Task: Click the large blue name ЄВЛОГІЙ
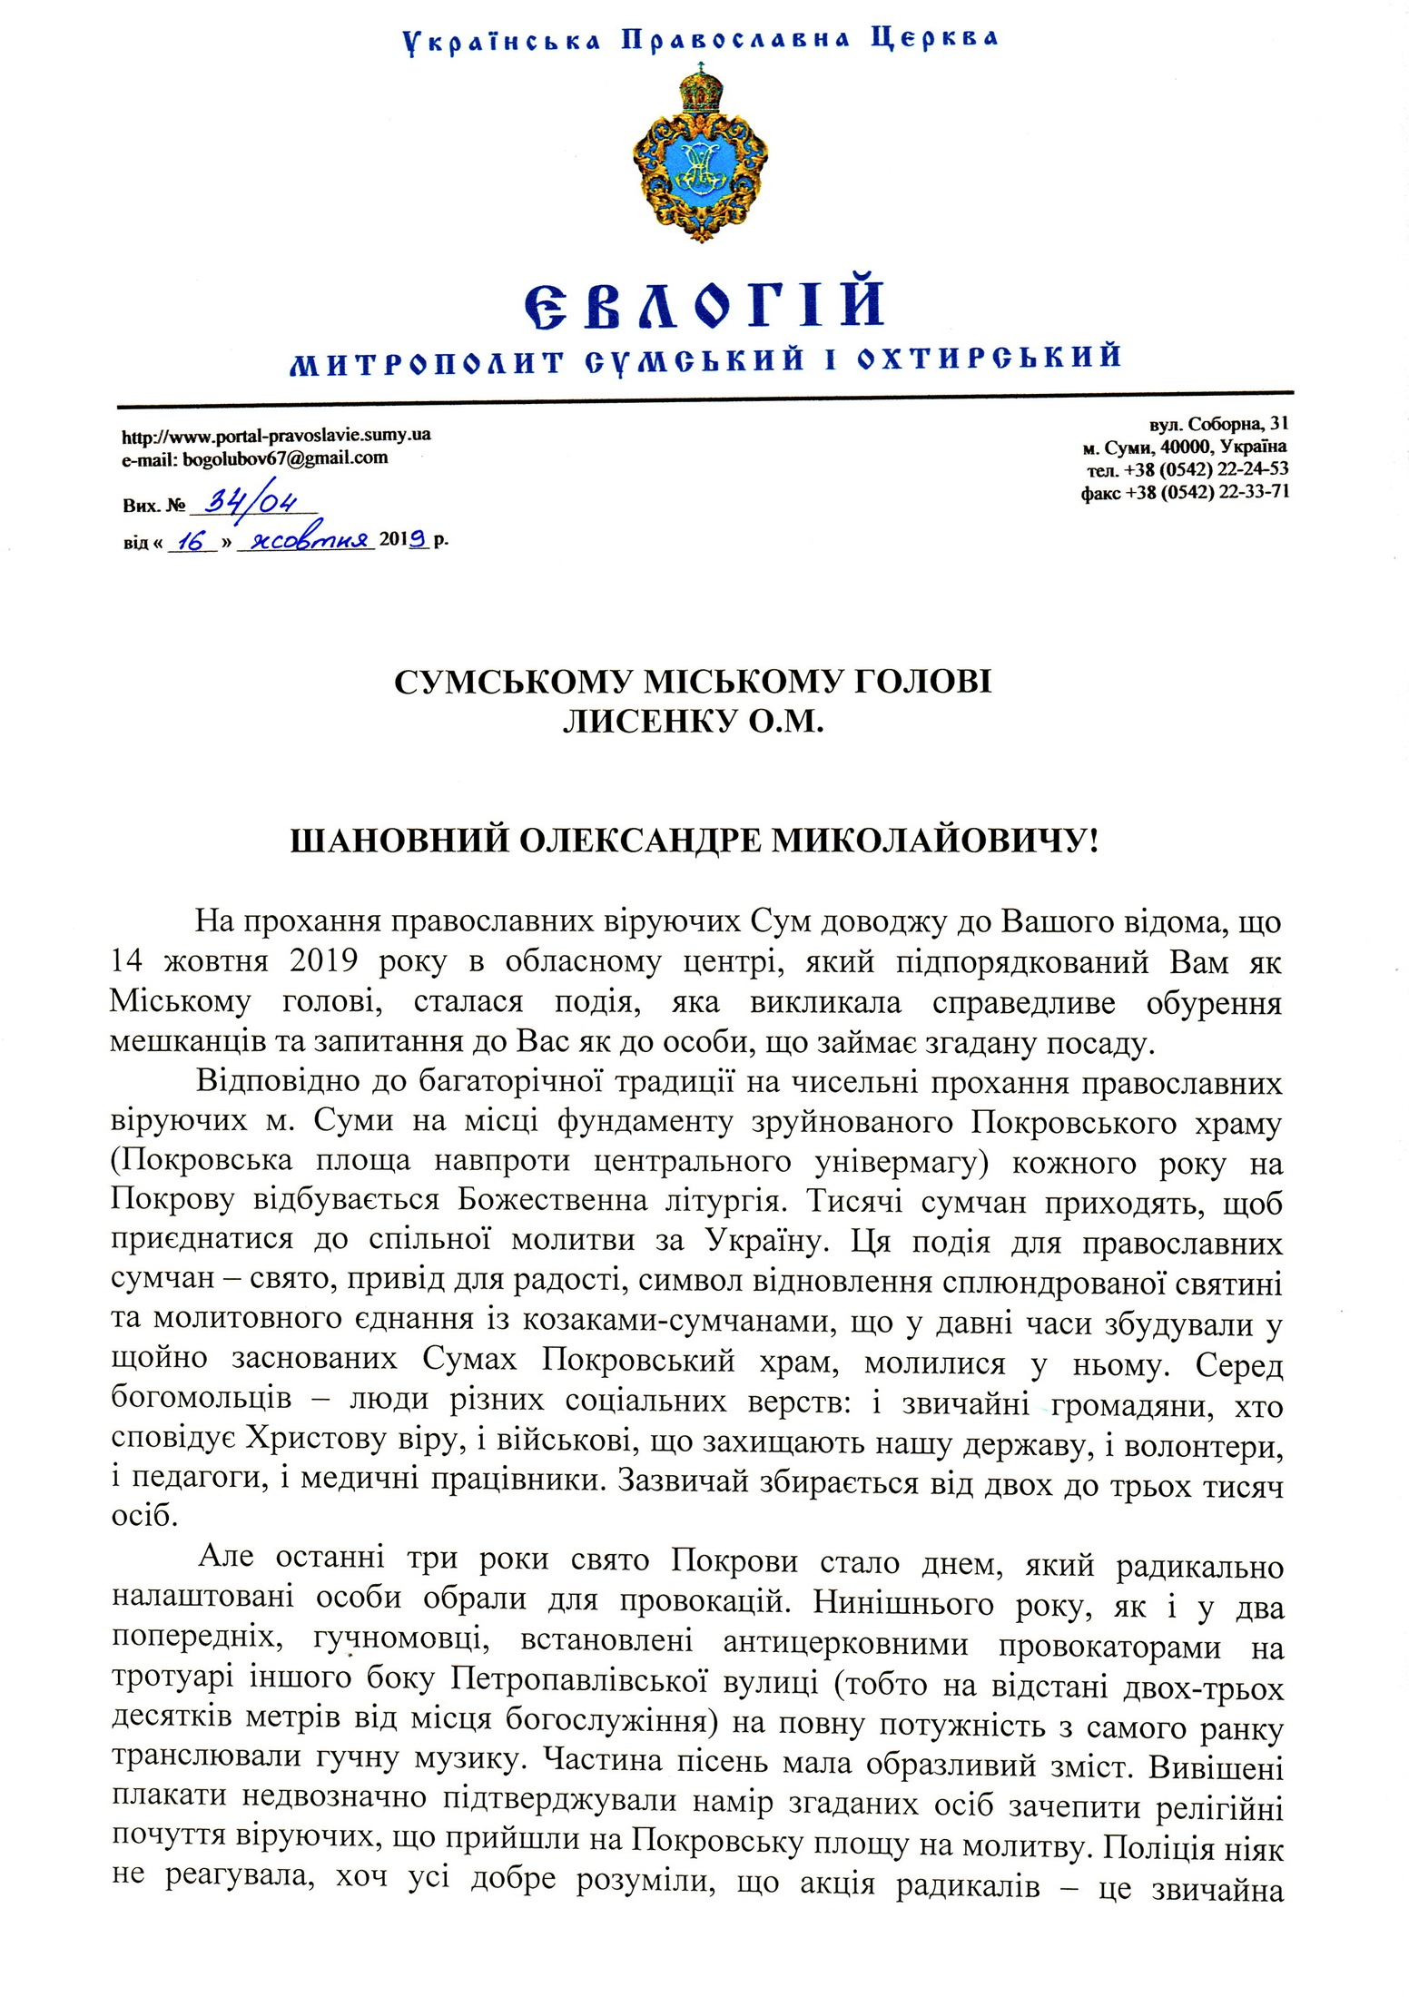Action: pyautogui.click(x=704, y=305)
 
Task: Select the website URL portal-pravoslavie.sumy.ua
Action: pyautogui.click(x=276, y=435)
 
